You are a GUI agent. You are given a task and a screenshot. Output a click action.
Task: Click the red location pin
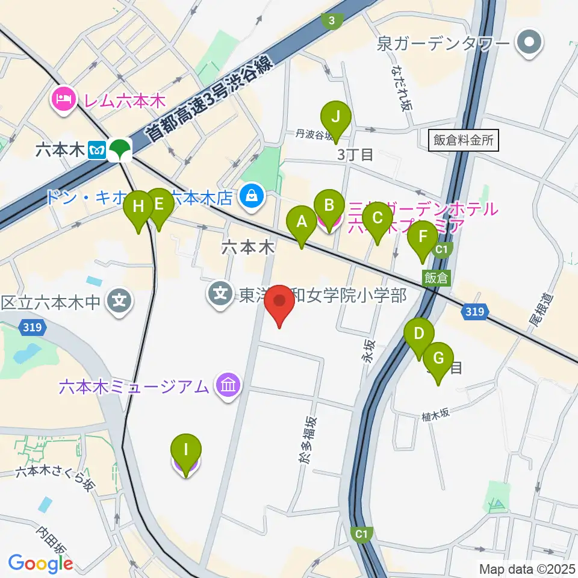pos(280,305)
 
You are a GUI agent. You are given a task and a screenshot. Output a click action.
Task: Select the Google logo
pos(40,562)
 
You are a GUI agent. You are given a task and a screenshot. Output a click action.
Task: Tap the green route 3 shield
pos(331,20)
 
